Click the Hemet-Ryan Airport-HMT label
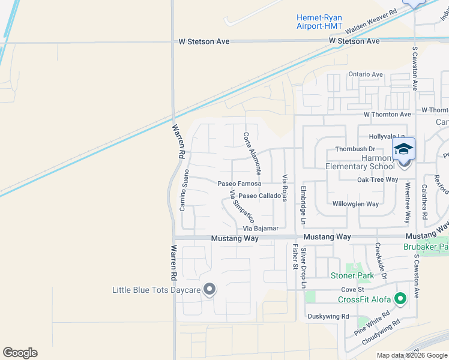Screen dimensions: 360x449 click(x=319, y=22)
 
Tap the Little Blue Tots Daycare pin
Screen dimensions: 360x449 click(x=209, y=290)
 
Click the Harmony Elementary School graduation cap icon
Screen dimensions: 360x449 click(x=403, y=149)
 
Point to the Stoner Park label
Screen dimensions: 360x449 click(x=352, y=275)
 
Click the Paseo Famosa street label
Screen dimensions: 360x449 click(x=239, y=183)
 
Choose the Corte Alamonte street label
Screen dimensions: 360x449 click(x=252, y=154)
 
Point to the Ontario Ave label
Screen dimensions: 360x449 click(x=366, y=74)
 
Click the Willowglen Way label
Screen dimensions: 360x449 click(x=355, y=203)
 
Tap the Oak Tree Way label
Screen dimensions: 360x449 click(x=378, y=179)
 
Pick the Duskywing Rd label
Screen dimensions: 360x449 click(x=328, y=316)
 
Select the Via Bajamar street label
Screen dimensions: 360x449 click(x=261, y=229)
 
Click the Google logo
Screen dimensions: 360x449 click(x=20, y=353)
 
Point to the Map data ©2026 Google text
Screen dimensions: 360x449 click(x=411, y=355)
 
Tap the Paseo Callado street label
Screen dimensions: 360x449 click(x=259, y=196)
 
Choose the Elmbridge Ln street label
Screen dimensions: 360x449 click(x=303, y=208)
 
